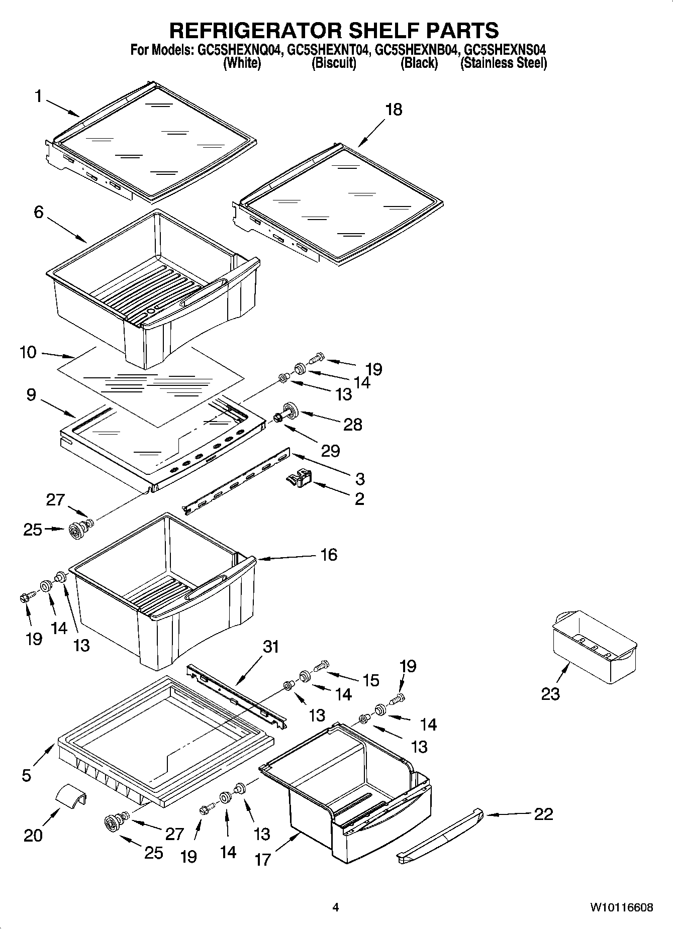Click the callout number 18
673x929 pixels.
point(394,110)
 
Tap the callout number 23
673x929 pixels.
point(550,694)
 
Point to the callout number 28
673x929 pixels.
point(352,424)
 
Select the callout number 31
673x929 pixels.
point(271,646)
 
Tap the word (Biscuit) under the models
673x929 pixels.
point(334,63)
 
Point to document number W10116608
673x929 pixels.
point(622,907)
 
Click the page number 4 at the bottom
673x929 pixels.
point(336,907)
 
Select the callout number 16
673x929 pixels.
point(329,555)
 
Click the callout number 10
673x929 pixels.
point(28,352)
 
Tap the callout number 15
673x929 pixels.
point(371,680)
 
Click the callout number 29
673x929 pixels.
point(330,451)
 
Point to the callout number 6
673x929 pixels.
point(39,212)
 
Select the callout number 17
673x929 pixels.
point(263,860)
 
